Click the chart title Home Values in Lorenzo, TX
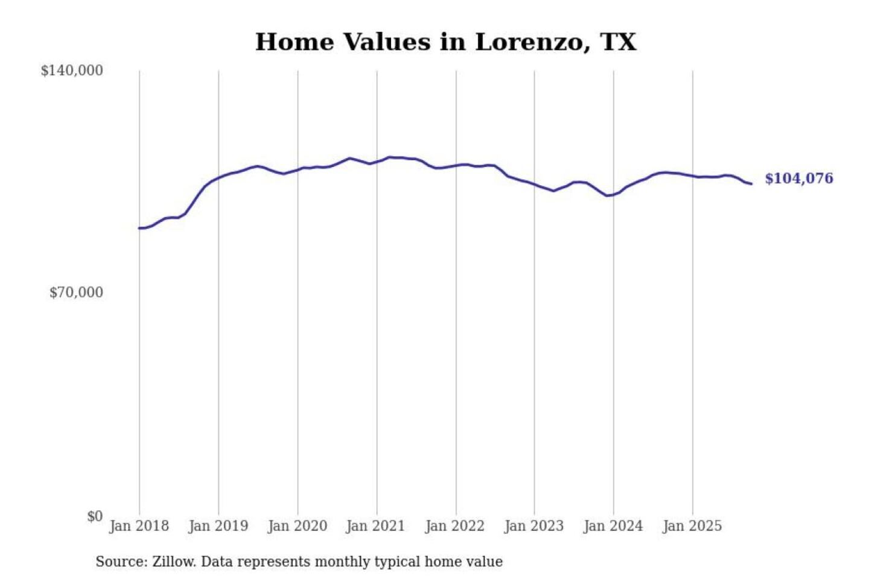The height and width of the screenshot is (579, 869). click(445, 42)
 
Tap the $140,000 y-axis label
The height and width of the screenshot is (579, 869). click(72, 71)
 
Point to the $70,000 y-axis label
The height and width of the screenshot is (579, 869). click(76, 293)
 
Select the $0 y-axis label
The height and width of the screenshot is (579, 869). click(95, 516)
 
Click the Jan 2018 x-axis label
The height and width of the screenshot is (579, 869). click(139, 526)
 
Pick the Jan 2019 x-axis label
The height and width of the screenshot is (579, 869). click(218, 526)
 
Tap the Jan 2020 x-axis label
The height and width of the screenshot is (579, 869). click(297, 526)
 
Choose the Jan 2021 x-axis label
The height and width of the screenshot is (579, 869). click(375, 526)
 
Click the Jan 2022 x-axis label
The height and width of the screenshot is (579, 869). click(454, 526)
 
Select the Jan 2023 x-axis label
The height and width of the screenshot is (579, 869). click(533, 526)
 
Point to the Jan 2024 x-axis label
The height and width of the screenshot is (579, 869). click(613, 526)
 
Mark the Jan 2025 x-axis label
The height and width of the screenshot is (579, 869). click(692, 526)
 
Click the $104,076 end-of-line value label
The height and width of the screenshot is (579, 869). click(799, 179)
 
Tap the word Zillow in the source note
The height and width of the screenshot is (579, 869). click(174, 562)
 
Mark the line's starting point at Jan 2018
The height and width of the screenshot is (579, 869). click(139, 228)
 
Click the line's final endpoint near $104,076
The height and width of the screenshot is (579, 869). click(751, 183)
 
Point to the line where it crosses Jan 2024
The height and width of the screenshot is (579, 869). click(614, 194)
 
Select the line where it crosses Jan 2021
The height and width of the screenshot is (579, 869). click(377, 161)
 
